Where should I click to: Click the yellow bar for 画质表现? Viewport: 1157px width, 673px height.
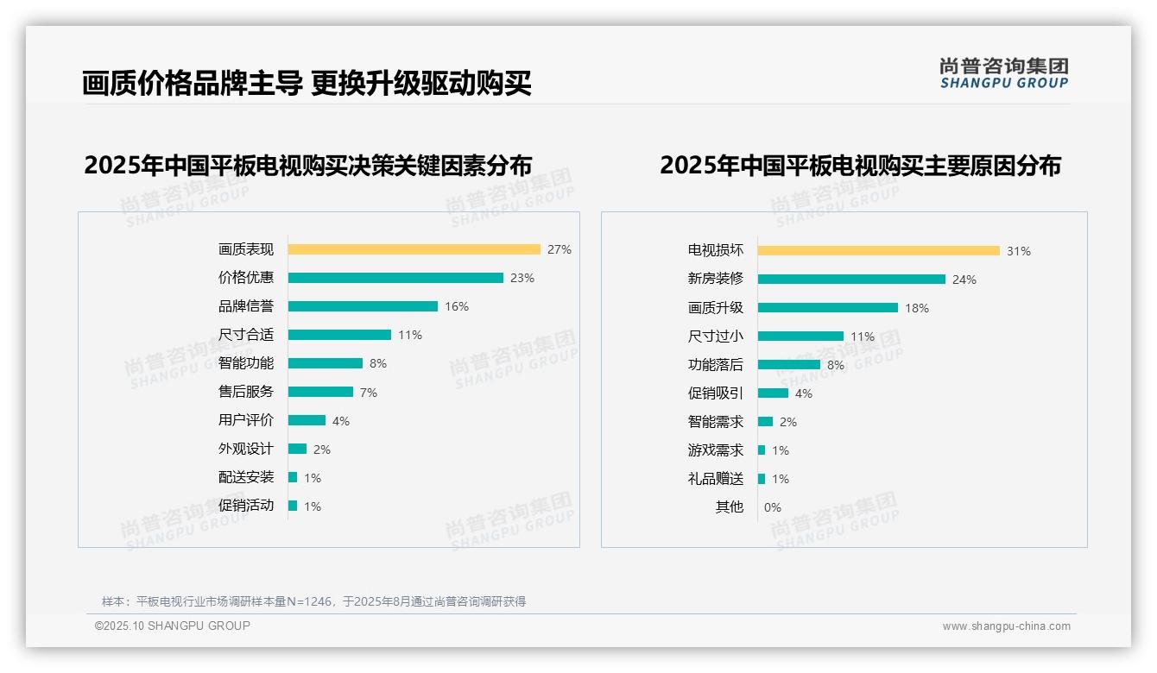(414, 249)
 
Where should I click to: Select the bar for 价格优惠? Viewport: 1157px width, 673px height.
(395, 278)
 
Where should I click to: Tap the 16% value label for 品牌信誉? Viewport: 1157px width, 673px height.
(457, 306)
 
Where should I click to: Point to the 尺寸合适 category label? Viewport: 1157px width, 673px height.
(246, 335)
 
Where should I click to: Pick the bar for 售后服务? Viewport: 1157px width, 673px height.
(320, 392)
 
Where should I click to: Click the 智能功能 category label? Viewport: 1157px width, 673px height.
(246, 363)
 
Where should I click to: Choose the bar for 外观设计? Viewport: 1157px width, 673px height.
(297, 449)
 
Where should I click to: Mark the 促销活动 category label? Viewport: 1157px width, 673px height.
(246, 506)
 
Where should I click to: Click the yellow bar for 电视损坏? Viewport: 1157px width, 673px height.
(878, 250)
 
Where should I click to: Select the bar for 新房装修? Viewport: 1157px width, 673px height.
(851, 279)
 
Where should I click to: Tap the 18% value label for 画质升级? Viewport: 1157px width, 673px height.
(917, 308)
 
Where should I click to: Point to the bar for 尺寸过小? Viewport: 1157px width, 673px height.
(800, 336)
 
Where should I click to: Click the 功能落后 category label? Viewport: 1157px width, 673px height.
(716, 365)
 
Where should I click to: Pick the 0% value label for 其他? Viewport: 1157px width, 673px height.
(772, 507)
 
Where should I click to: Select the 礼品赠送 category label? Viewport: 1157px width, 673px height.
(716, 479)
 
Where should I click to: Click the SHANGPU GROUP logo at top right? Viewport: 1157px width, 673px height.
(1004, 73)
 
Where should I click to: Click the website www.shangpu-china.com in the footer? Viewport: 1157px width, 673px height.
(1006, 626)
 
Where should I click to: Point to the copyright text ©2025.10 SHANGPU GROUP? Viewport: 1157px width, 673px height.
(173, 626)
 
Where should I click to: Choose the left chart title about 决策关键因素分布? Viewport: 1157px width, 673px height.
(307, 165)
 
